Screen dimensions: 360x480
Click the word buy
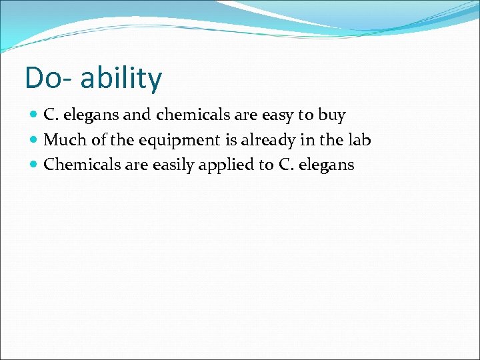331,115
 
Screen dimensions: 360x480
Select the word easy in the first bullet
277,115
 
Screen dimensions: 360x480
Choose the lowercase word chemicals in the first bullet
193,115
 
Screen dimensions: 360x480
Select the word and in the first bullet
137,115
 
